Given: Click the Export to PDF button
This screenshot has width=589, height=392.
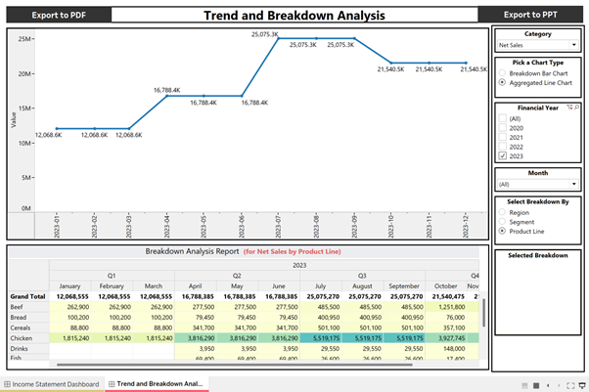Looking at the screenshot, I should tap(57, 15).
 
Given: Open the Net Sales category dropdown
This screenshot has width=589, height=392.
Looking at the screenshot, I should tap(537, 45).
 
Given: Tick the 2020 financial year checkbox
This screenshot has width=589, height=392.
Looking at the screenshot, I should tap(503, 127).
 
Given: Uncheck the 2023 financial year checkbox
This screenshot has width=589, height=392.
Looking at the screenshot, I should tap(503, 155).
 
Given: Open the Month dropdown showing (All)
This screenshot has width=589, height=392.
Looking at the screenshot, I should tap(537, 184).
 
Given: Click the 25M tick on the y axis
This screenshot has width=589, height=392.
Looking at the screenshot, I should tap(26, 39).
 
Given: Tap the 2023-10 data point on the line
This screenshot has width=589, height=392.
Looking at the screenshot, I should tap(391, 63).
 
